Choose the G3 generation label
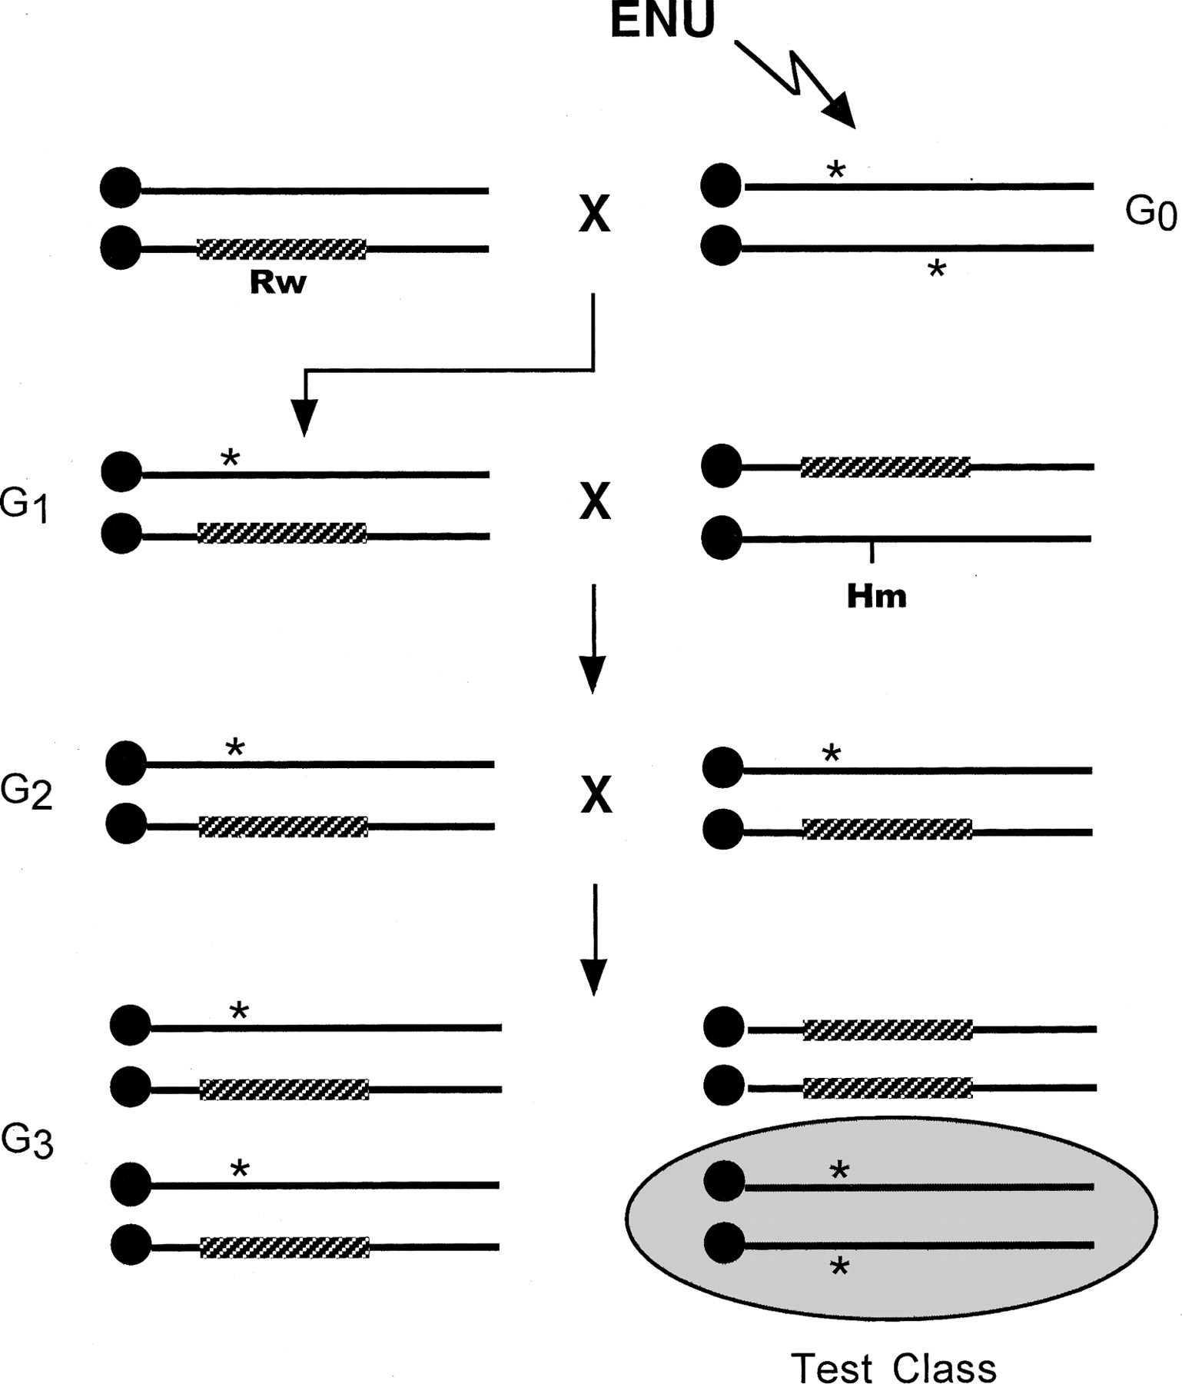[x=27, y=1143]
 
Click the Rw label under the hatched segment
[x=277, y=283]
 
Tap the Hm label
[x=876, y=596]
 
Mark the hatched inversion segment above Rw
[x=281, y=248]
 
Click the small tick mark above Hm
[x=872, y=551]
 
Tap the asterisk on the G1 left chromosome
[x=230, y=459]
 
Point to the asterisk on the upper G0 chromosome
[x=835, y=170]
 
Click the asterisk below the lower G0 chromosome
[x=936, y=269]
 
